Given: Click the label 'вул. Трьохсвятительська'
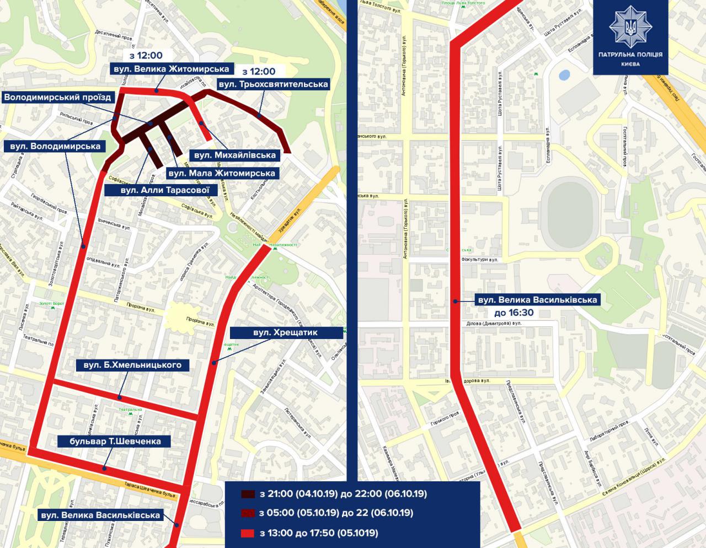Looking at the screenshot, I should [274, 84].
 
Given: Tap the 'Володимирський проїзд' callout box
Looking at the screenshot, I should [58, 98].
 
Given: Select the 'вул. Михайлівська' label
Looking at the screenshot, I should [234, 155].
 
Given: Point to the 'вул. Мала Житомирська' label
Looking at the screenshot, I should [221, 173].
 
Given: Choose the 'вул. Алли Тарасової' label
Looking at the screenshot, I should [159, 190].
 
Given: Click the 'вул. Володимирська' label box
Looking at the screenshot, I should [54, 146].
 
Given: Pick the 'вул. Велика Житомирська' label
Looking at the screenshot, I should [170, 69].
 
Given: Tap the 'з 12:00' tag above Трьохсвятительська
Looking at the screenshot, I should [259, 71].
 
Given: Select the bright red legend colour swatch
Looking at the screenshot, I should [248, 533].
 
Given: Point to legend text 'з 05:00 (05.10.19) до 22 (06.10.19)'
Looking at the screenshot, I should [335, 513].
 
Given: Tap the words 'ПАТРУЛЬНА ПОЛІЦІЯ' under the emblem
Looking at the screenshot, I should [630, 55].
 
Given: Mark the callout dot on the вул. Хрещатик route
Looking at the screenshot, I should [213, 362].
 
